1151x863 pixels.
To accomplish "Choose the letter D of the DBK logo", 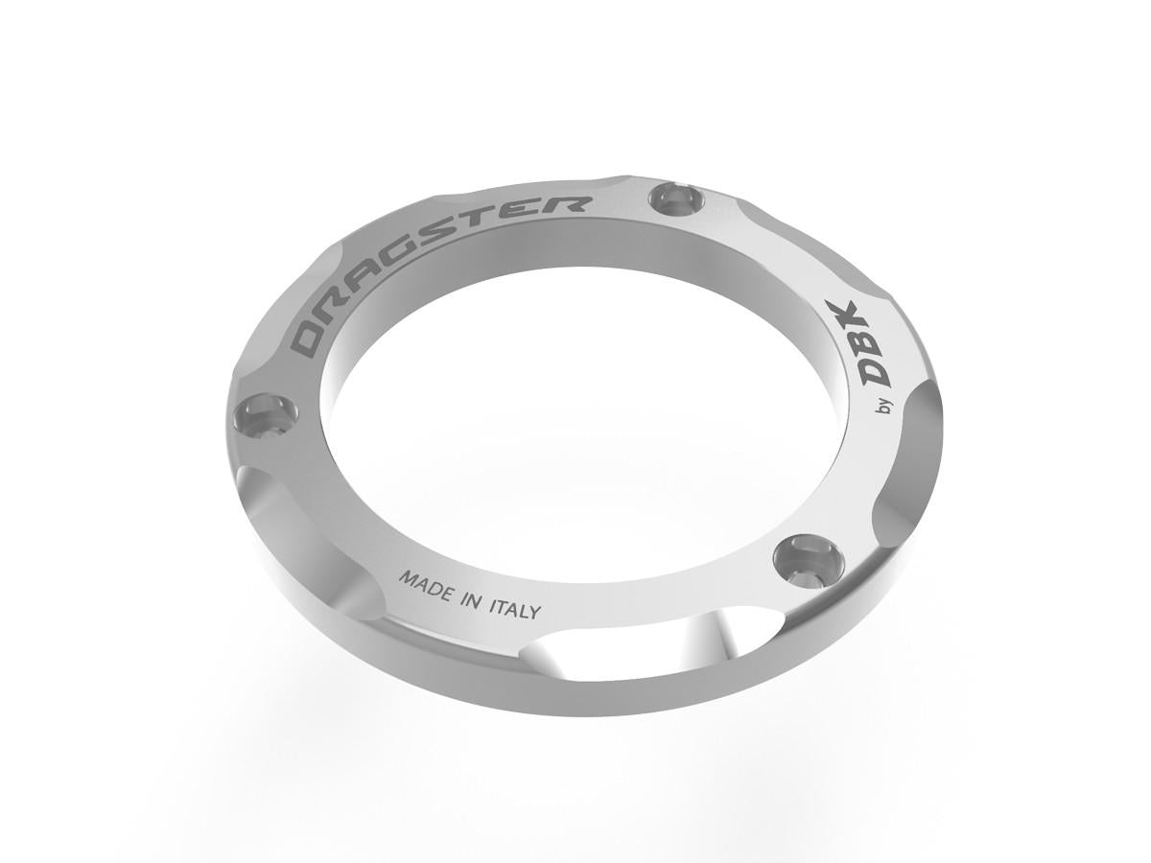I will [874, 373].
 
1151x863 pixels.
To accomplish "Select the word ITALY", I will [516, 610].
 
